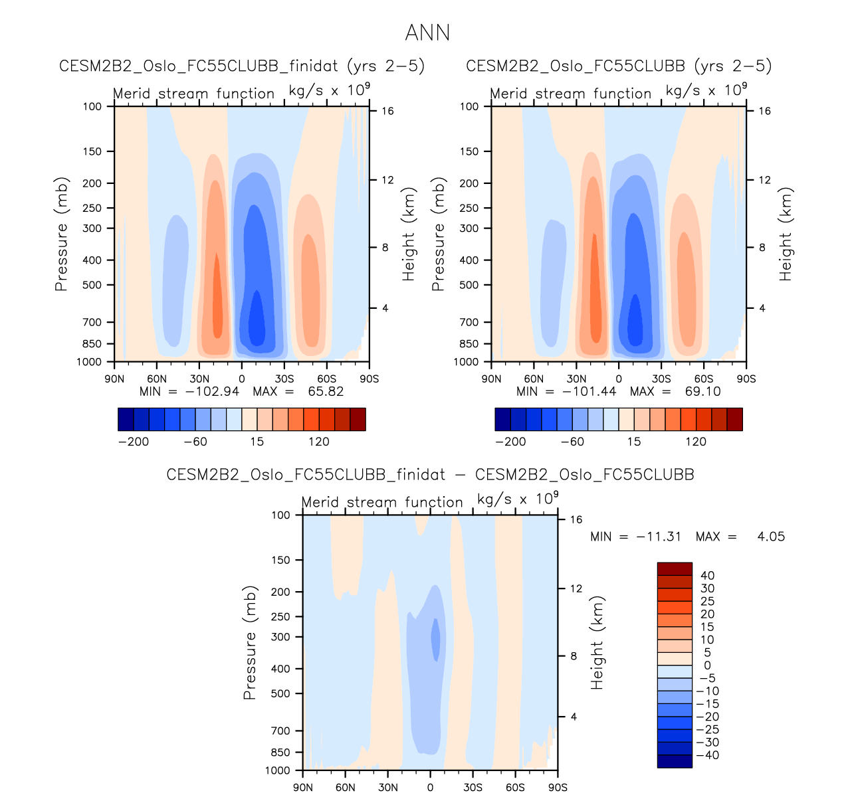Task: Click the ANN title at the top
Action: coord(427,33)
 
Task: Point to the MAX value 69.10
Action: coord(702,391)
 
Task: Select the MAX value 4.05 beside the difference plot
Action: coord(771,537)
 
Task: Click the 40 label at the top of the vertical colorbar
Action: coord(707,576)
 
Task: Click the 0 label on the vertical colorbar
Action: coord(707,665)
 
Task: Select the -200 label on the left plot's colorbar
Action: coord(134,442)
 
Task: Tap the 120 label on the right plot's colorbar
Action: coord(696,442)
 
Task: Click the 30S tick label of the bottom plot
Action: coord(473,788)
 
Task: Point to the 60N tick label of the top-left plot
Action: coord(157,379)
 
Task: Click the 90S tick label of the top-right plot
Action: coord(746,379)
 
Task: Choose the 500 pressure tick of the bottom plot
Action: coord(281,693)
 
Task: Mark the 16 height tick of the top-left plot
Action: coord(387,111)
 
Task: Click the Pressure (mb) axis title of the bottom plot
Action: coord(250,642)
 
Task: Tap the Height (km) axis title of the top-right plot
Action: coord(786,234)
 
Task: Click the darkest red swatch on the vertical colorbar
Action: coord(675,569)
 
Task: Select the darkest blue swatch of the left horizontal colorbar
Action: coord(126,419)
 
